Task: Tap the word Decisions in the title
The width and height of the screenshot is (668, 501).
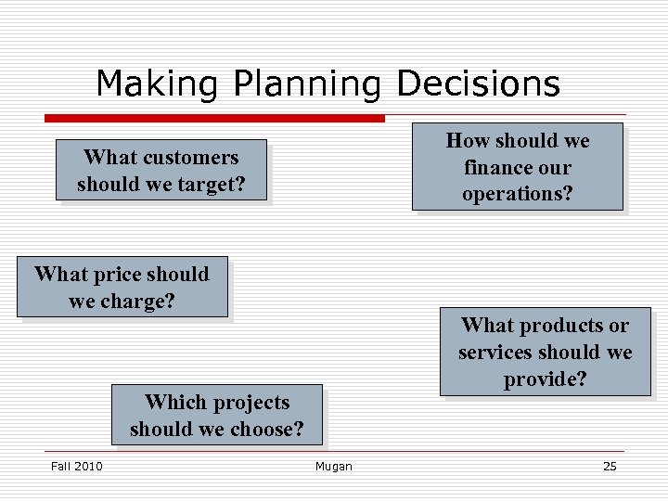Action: (x=478, y=84)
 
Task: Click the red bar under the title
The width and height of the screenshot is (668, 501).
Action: (x=214, y=119)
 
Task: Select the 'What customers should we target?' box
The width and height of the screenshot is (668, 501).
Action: (x=161, y=171)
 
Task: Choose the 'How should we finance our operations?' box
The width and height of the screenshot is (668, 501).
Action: (x=518, y=167)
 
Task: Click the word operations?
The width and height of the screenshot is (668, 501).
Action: (x=518, y=194)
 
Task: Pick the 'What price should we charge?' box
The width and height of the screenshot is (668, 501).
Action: (x=122, y=288)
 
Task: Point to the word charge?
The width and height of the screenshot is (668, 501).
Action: (x=139, y=302)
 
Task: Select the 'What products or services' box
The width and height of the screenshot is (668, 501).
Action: (x=546, y=353)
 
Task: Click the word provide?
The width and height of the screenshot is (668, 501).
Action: (x=546, y=379)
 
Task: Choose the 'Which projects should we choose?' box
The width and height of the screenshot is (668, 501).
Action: (x=217, y=416)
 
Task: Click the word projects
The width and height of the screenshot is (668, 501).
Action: (x=243, y=403)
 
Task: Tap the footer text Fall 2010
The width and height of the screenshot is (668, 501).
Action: (x=76, y=466)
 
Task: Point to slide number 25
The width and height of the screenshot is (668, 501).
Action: (x=610, y=466)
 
